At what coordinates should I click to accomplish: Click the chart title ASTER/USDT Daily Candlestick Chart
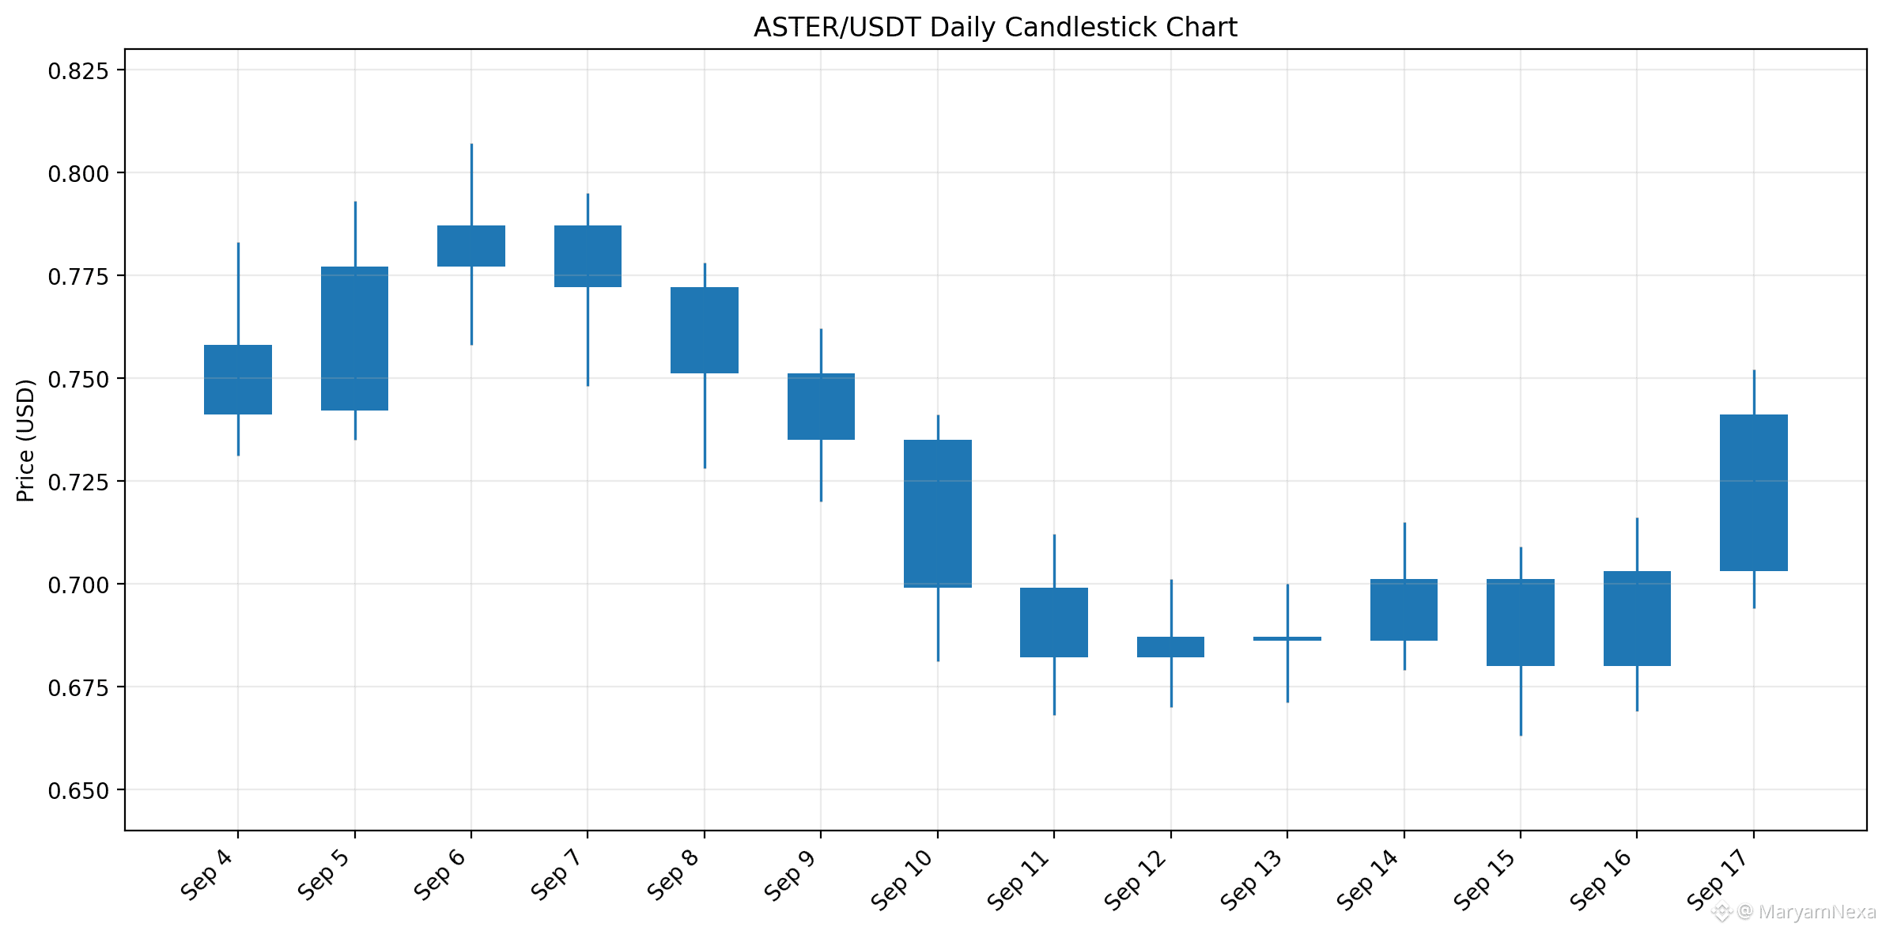(995, 28)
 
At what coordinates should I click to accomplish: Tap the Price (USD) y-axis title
(25, 441)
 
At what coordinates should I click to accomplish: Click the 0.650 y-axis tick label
(78, 790)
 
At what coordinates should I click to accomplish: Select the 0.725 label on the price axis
(78, 482)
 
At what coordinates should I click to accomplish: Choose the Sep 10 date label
(903, 880)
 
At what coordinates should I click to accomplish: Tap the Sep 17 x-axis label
(1719, 880)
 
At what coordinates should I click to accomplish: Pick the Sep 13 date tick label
(1253, 880)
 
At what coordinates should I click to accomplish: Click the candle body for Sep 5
(355, 339)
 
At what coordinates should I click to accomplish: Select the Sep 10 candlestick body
(938, 513)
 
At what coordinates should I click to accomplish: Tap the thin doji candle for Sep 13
(1287, 638)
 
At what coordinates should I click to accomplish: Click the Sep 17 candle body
(1754, 493)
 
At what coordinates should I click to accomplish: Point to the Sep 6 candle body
(471, 246)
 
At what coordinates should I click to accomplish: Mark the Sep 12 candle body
(1171, 647)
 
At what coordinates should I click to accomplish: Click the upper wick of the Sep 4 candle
(238, 293)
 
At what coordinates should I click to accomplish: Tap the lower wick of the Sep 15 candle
(1521, 701)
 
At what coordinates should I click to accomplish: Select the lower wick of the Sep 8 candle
(705, 421)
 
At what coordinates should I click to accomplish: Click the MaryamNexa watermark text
(1816, 912)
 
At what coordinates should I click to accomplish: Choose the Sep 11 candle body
(1054, 623)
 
